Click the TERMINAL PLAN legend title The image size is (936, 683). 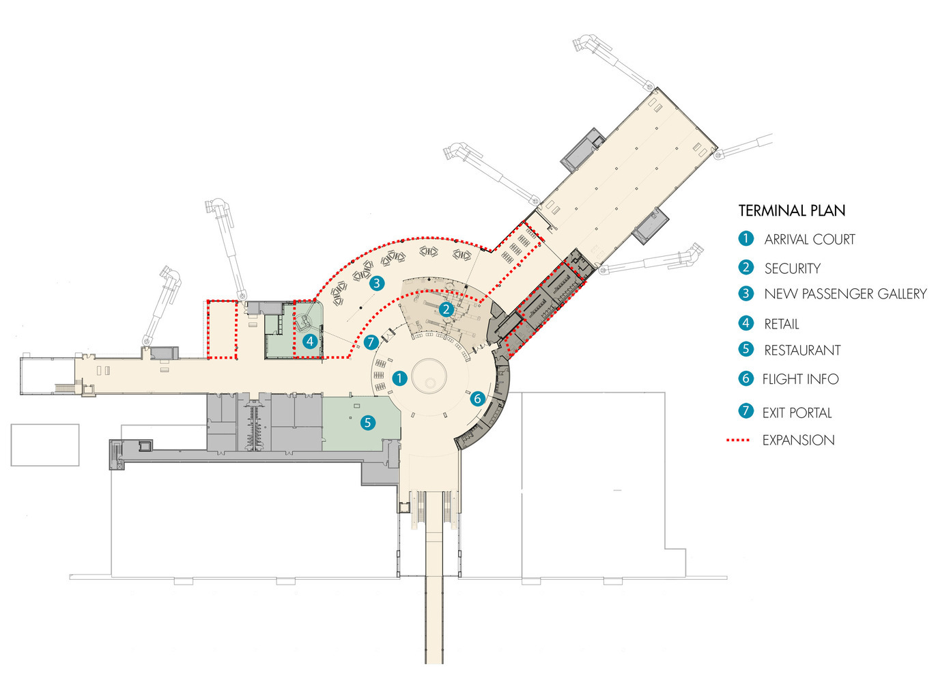pyautogui.click(x=791, y=210)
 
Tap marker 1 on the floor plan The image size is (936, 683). pyautogui.click(x=399, y=378)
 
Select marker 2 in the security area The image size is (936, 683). pyautogui.click(x=446, y=309)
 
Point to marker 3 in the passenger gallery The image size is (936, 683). pyautogui.click(x=376, y=283)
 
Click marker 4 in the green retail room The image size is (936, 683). pyautogui.click(x=311, y=340)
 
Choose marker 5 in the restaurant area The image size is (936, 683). pyautogui.click(x=367, y=422)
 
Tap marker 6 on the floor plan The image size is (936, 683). pyautogui.click(x=477, y=398)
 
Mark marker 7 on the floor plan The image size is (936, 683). pyautogui.click(x=371, y=342)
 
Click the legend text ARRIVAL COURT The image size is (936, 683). pyautogui.click(x=809, y=239)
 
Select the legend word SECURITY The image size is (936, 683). pyautogui.click(x=792, y=268)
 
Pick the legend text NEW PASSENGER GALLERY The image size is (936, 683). pyautogui.click(x=845, y=294)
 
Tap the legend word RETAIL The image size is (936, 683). pyautogui.click(x=781, y=324)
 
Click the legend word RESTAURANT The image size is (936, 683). pyautogui.click(x=802, y=350)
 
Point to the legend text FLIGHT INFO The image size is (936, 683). pyautogui.click(x=800, y=379)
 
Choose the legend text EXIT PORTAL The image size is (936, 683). pyautogui.click(x=797, y=413)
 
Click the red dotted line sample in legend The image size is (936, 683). pyautogui.click(x=738, y=441)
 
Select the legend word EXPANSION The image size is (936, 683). pyautogui.click(x=798, y=441)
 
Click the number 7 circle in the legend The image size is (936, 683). pyautogui.click(x=746, y=411)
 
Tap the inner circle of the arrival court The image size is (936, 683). pyautogui.click(x=429, y=377)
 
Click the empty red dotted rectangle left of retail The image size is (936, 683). pyautogui.click(x=222, y=329)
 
